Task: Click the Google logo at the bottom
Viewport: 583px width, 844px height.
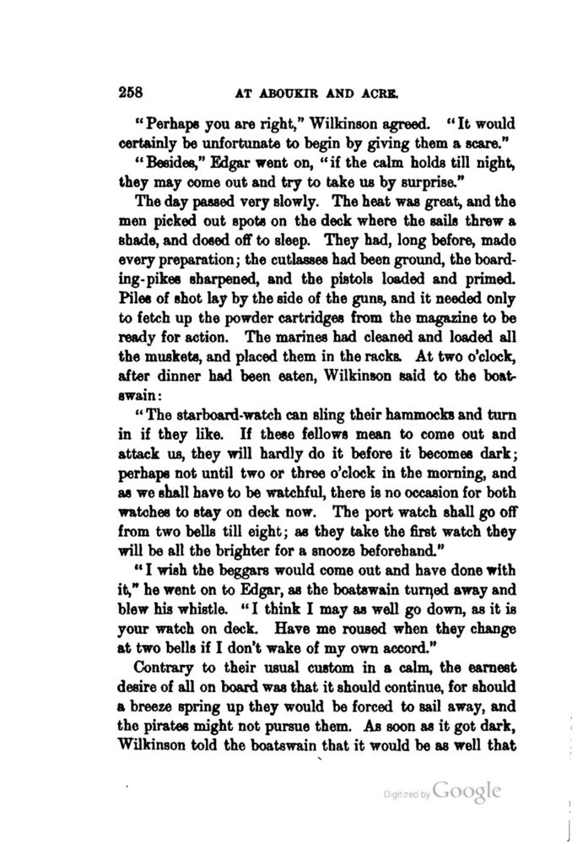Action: pos(467,792)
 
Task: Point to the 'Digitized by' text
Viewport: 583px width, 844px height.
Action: pos(407,795)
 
